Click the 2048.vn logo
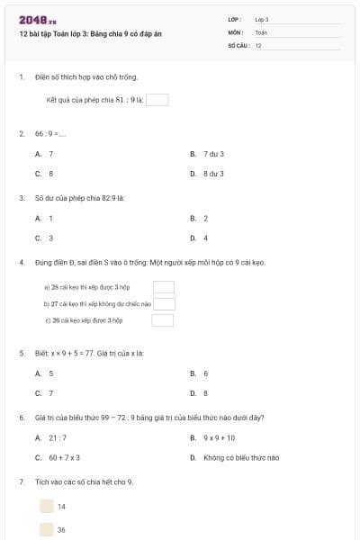pyautogui.click(x=38, y=20)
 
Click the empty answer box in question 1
pyautogui.click(x=157, y=100)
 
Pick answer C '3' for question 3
pyautogui.click(x=45, y=238)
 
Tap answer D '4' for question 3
pyautogui.click(x=200, y=238)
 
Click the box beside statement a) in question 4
pyautogui.click(x=163, y=287)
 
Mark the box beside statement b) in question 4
pyautogui.click(x=163, y=303)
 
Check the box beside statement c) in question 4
pyautogui.click(x=163, y=319)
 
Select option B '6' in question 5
pyautogui.click(x=200, y=373)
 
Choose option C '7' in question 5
pyautogui.click(x=45, y=392)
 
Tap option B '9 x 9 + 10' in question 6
pyautogui.click(x=213, y=437)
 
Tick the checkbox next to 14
pyautogui.click(x=46, y=506)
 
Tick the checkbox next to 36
pyautogui.click(x=46, y=529)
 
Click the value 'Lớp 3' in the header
pyautogui.click(x=262, y=19)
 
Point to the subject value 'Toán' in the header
pyautogui.click(x=261, y=32)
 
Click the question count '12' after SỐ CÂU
pyautogui.click(x=259, y=45)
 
